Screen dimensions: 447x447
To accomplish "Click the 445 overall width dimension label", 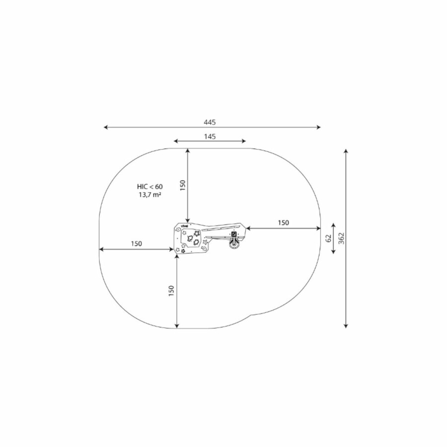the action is [210, 122].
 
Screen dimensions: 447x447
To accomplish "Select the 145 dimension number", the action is [210, 137].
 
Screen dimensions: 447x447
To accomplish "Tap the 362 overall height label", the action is [342, 238].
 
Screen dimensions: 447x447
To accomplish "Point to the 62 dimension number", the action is [329, 238].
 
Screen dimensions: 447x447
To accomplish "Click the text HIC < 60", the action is [149, 187].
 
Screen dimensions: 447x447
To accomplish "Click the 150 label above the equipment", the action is [183, 185].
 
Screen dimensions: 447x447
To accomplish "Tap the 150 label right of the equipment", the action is [284, 223].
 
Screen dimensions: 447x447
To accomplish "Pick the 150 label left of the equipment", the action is [136, 244].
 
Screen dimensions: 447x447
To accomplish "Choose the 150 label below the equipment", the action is [171, 291].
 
